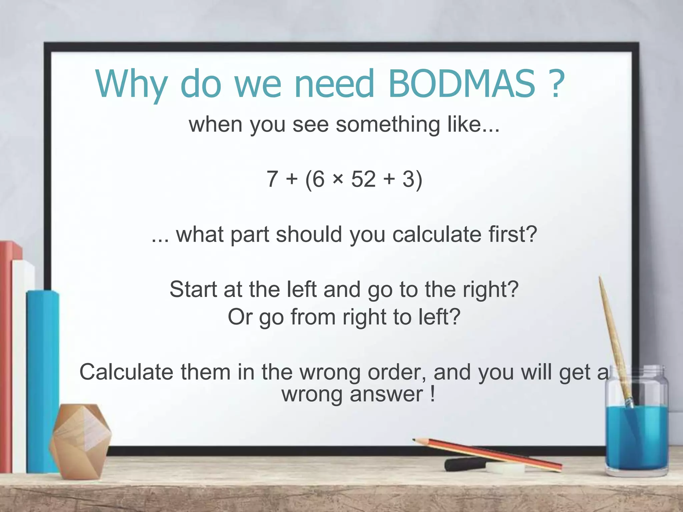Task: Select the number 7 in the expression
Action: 272,179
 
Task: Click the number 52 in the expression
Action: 364,179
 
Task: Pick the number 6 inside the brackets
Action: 318,179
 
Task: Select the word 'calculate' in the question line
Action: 437,234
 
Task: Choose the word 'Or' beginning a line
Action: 240,317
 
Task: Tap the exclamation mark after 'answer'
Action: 433,394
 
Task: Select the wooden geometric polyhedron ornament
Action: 80,440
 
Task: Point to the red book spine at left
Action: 6,357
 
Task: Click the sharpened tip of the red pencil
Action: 415,440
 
